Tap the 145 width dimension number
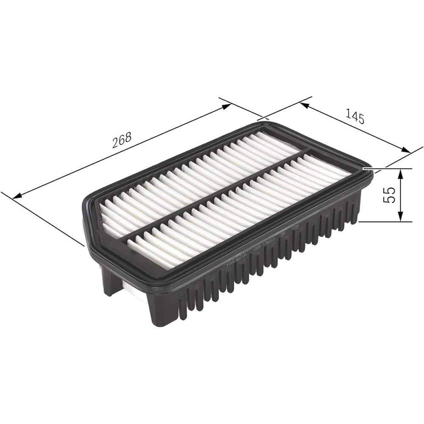[x=355, y=116]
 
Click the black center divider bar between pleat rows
[x=216, y=195]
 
